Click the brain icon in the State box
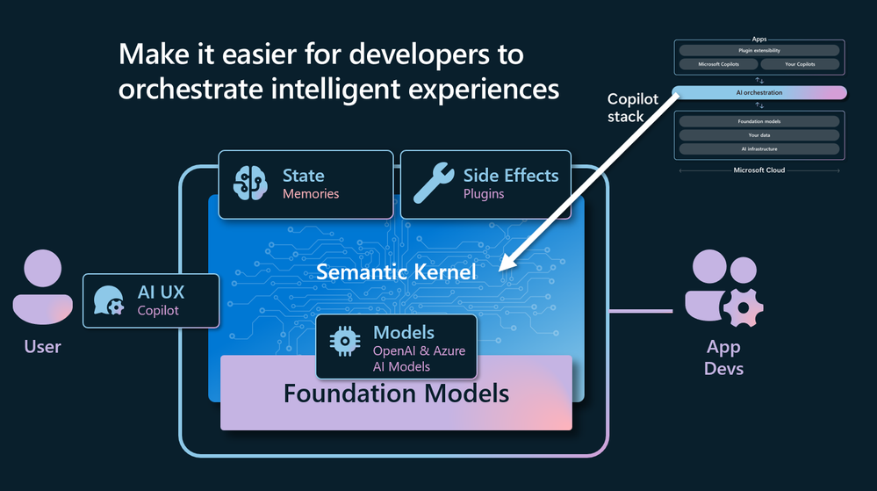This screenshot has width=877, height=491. tap(249, 184)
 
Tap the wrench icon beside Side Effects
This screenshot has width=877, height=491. tap(433, 184)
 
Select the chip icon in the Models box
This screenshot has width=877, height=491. tap(343, 343)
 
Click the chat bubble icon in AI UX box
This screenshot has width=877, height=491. tap(109, 301)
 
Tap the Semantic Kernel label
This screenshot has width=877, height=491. tap(396, 272)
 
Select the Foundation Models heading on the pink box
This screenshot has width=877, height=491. tap(396, 393)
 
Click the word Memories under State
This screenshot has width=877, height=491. tap(310, 193)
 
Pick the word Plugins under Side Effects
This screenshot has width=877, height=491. tap(484, 193)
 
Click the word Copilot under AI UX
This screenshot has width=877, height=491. tap(158, 310)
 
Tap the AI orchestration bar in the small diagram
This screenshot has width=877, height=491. tap(758, 93)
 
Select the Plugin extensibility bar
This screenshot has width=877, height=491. tap(758, 51)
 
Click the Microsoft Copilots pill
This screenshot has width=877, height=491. tap(718, 65)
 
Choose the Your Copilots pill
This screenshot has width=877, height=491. tap(799, 65)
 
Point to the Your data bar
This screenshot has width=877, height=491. tap(758, 135)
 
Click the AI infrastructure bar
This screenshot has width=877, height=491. tap(758, 149)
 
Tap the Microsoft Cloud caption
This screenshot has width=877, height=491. tap(758, 170)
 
